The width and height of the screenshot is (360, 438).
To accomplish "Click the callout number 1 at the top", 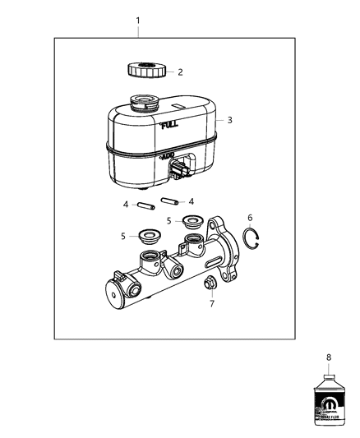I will click(x=138, y=20).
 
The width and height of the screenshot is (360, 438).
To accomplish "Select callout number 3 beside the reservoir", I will click(x=229, y=120).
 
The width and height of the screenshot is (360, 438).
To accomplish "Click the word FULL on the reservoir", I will click(x=168, y=125).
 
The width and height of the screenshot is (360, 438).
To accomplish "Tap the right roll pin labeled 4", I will click(x=170, y=201).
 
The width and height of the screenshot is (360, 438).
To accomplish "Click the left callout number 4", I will click(x=124, y=205).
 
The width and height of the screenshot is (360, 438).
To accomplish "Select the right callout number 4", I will click(x=192, y=201).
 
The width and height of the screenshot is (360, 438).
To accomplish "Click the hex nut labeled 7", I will click(x=210, y=284).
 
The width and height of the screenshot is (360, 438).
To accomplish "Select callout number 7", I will click(x=210, y=303).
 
